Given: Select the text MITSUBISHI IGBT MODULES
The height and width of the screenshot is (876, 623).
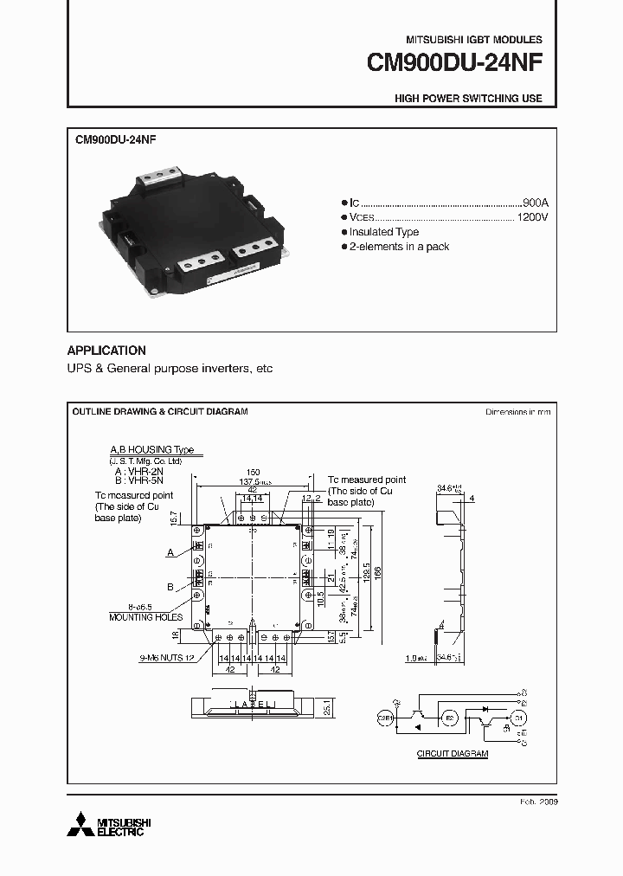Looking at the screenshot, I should point(474,40).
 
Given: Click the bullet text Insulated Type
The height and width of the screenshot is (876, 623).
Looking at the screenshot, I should point(384,232).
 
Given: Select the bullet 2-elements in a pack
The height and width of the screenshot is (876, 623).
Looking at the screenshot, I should point(399,248).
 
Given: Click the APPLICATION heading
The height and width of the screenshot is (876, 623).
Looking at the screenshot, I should point(106,351).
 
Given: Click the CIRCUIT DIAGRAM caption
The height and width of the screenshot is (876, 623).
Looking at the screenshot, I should point(453,754).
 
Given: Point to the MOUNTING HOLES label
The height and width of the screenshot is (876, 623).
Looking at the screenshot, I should point(145,617).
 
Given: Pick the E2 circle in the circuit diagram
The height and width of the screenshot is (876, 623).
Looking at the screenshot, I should point(449,717).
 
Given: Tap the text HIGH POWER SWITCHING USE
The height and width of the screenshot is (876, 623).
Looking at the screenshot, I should point(468,99).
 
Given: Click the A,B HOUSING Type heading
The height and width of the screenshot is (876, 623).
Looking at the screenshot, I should point(151,451).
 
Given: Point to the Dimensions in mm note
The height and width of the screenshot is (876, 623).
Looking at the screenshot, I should point(517,412).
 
